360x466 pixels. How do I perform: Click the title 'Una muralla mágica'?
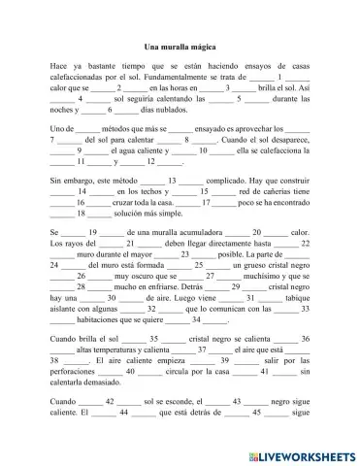[180, 47]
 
